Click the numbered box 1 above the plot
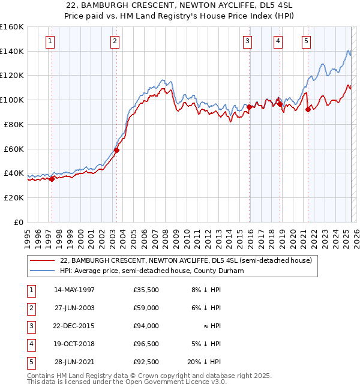point(49,41)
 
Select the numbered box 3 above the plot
point(248,41)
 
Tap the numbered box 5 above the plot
point(306,41)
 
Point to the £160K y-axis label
point(12,27)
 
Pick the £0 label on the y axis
point(19,222)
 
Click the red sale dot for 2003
point(116,150)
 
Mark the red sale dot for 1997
point(52,178)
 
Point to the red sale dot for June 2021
point(308,109)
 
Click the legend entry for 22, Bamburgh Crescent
point(186,261)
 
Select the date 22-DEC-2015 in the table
point(74,326)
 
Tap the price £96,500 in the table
point(146,344)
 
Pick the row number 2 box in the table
point(30,308)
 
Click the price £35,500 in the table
point(146,290)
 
